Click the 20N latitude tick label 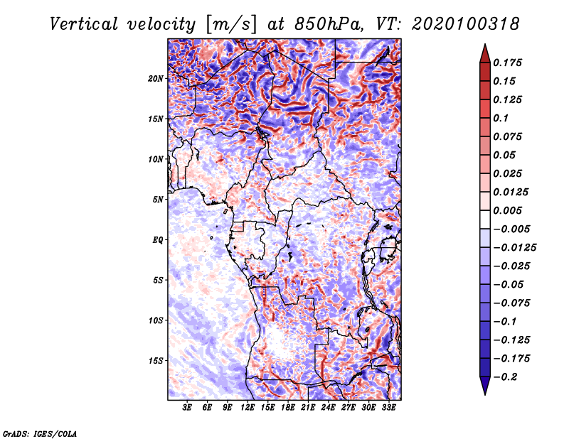[x=155, y=79]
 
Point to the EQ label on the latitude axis [x=157, y=240]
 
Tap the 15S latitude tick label [x=155, y=361]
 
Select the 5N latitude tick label [x=157, y=200]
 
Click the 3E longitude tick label [x=187, y=408]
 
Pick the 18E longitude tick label [x=288, y=408]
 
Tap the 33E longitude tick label [x=388, y=408]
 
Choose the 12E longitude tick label [x=248, y=408]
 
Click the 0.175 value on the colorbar [x=507, y=63]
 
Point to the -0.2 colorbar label [x=505, y=377]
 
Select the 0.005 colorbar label [x=507, y=210]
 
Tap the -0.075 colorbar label [x=511, y=303]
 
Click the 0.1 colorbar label [x=501, y=118]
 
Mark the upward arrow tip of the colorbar [x=485, y=44]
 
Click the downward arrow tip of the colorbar [x=485, y=394]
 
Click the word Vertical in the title [x=84, y=24]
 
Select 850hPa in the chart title [x=328, y=24]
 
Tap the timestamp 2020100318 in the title [x=466, y=24]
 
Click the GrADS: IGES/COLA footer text [x=40, y=434]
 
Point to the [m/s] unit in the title [x=231, y=24]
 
